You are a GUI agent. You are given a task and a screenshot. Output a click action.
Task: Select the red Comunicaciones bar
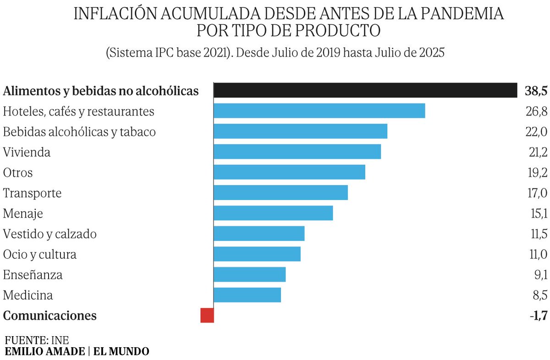click(207, 315)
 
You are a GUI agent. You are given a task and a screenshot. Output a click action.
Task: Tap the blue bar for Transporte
click(280, 192)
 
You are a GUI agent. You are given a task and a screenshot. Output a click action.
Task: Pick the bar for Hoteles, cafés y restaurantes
click(319, 111)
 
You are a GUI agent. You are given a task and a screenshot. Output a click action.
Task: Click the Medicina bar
click(247, 295)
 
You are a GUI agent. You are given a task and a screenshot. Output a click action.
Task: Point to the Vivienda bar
click(297, 152)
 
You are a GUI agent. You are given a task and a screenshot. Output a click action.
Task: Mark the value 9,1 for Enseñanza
click(539, 275)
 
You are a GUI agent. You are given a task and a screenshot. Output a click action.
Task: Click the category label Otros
click(18, 173)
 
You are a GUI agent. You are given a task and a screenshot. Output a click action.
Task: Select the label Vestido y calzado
click(49, 234)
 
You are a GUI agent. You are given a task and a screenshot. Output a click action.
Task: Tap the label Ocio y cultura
click(39, 254)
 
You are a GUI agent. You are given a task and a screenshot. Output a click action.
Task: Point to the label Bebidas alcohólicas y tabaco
click(79, 132)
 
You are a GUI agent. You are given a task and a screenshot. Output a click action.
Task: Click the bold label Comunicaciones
click(49, 316)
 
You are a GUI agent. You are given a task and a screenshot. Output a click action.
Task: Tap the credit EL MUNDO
click(121, 351)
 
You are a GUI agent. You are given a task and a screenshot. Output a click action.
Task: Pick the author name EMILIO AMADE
click(45, 351)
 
